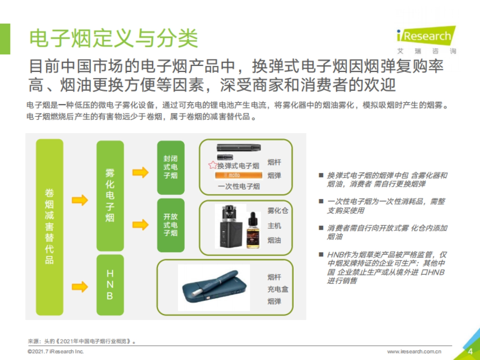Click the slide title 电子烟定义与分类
coord(114,39)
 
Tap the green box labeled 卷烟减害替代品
coord(50,226)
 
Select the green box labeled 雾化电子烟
coord(110,195)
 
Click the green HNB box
coord(110,285)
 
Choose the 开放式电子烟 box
coord(171,225)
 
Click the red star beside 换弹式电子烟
coord(212,165)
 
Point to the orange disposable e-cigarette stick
coord(238,176)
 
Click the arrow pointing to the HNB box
coord(80,286)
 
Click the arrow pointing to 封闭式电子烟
coord(140,172)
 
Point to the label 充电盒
coord(278,289)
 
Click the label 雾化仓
coord(278,211)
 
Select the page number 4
coord(470,352)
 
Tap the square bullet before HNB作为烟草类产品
coord(320,254)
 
